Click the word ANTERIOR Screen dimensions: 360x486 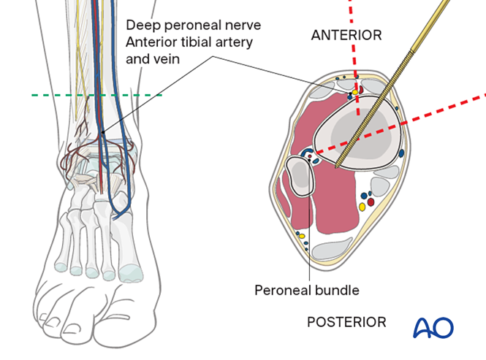(x=346, y=35)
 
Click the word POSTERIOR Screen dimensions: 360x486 (x=346, y=322)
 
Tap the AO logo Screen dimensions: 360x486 (x=433, y=327)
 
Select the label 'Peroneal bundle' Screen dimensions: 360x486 (x=306, y=290)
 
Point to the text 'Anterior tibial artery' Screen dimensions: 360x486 (x=189, y=42)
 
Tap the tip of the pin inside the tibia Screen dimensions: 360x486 (x=336, y=168)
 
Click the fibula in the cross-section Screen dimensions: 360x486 (x=301, y=177)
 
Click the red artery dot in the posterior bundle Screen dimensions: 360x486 (x=370, y=201)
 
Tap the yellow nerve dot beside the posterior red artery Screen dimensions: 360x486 (x=361, y=207)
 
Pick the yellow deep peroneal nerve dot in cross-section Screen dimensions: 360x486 (x=350, y=94)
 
